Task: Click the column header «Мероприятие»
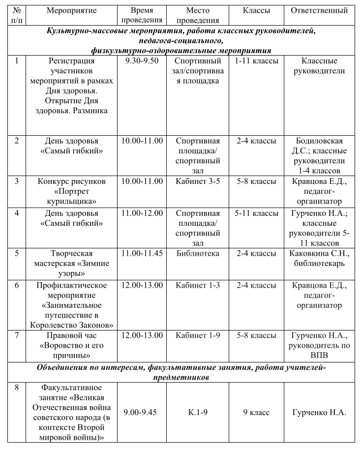(x=72, y=10)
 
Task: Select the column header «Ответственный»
(x=319, y=10)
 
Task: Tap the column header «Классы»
(x=256, y=10)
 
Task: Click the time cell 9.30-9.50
(x=142, y=61)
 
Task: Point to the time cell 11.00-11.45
(x=142, y=254)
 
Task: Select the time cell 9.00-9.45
(x=141, y=412)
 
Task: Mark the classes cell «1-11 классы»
(x=256, y=61)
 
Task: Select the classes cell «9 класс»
(x=256, y=412)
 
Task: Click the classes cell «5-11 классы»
(x=256, y=213)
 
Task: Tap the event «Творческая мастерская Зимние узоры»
(x=72, y=263)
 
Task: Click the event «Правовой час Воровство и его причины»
(x=72, y=345)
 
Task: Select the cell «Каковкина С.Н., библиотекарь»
(x=319, y=258)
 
